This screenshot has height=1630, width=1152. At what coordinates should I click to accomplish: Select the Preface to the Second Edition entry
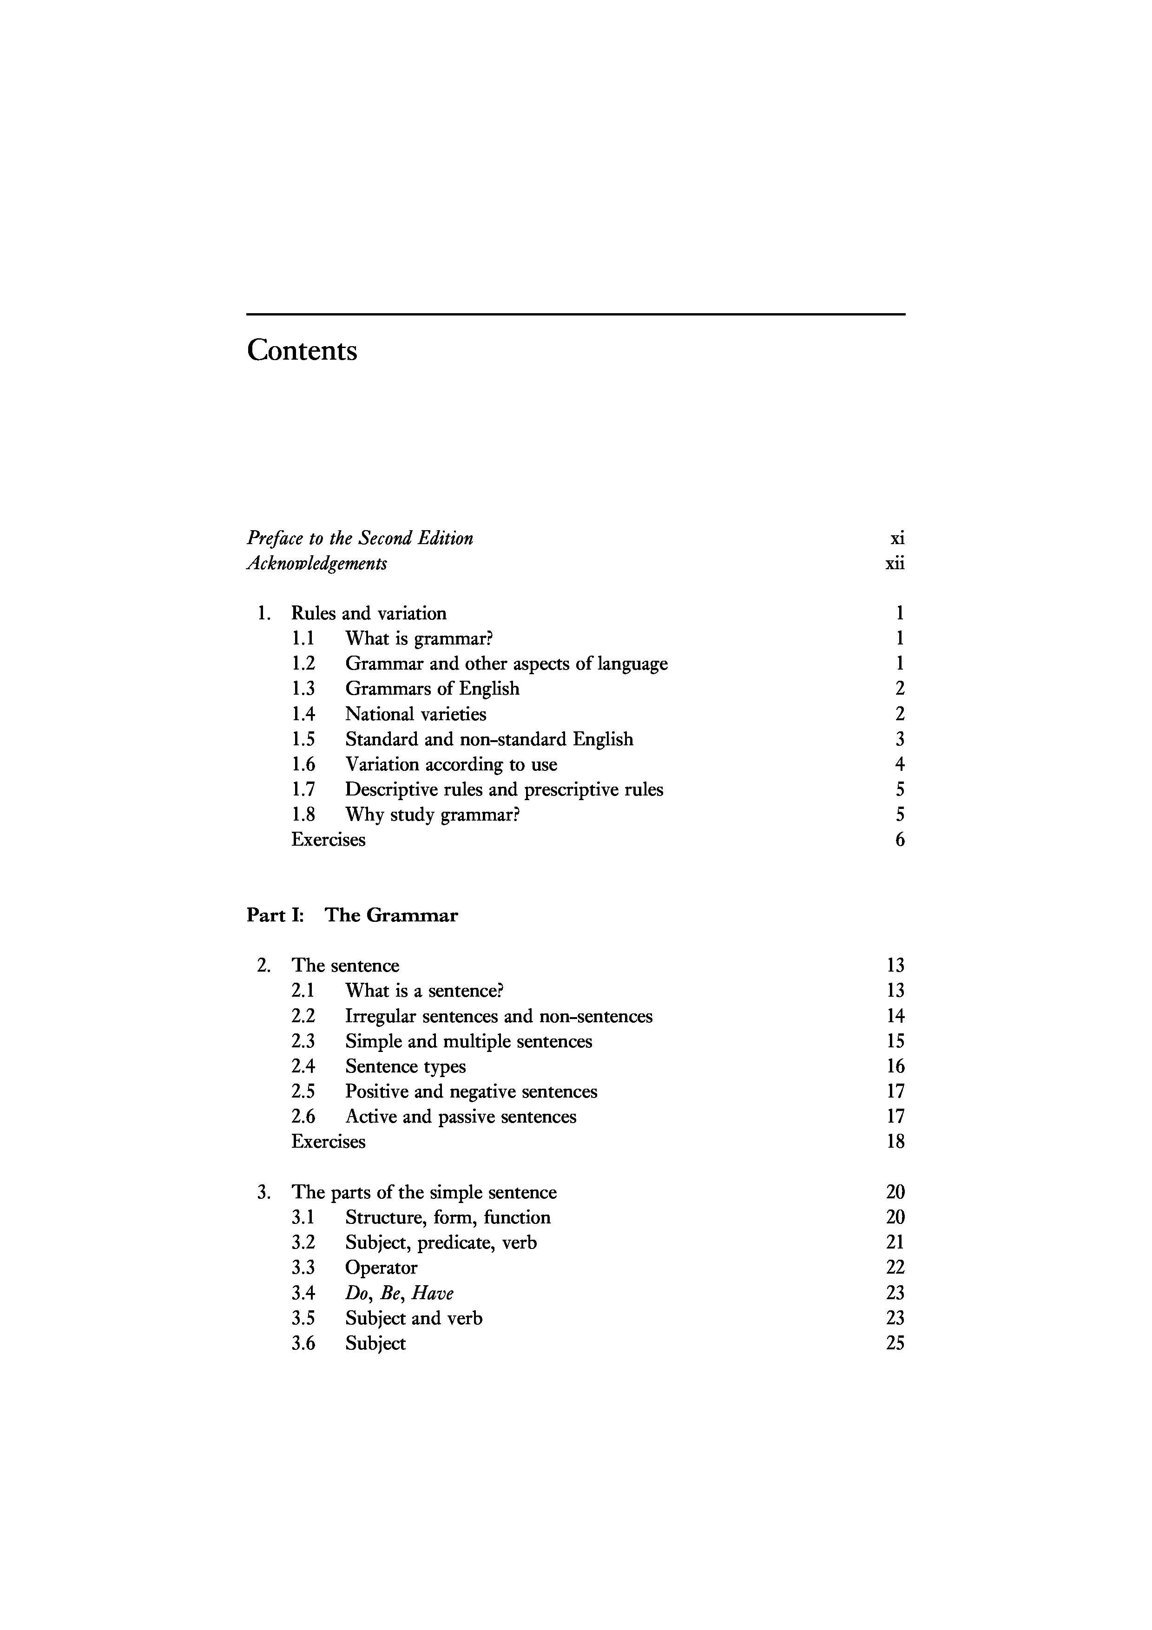click(x=360, y=538)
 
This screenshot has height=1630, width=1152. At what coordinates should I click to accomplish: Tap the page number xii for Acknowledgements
click(x=895, y=564)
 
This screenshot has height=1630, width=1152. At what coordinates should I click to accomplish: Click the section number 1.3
click(x=303, y=689)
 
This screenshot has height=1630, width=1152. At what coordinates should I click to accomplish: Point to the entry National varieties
click(x=415, y=714)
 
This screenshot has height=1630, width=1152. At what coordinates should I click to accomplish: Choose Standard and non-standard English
click(x=489, y=740)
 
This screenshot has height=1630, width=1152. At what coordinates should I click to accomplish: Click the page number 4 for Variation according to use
click(x=899, y=765)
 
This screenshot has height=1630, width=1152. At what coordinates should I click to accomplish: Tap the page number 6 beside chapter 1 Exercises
click(x=899, y=840)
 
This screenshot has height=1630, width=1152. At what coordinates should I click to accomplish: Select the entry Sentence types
click(x=405, y=1066)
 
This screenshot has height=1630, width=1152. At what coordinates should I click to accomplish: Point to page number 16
click(x=895, y=1066)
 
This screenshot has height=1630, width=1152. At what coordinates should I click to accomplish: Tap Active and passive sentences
click(x=461, y=1117)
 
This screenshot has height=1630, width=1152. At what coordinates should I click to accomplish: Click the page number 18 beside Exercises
click(x=895, y=1142)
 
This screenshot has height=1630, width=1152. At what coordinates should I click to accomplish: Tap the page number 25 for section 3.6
click(x=895, y=1343)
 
